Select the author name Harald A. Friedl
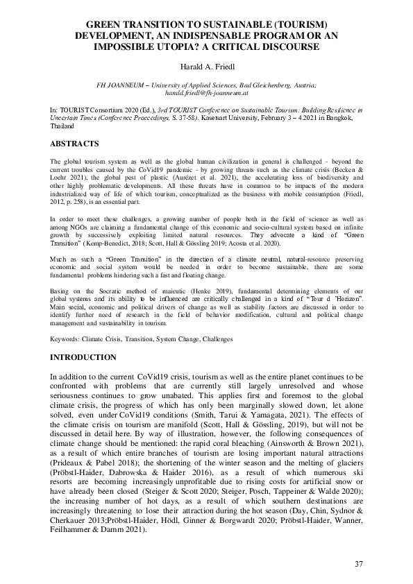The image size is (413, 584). (x=206, y=68)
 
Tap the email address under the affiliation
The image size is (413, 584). (x=207, y=92)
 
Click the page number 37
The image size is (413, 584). (x=358, y=563)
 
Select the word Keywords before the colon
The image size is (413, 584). (x=67, y=339)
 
